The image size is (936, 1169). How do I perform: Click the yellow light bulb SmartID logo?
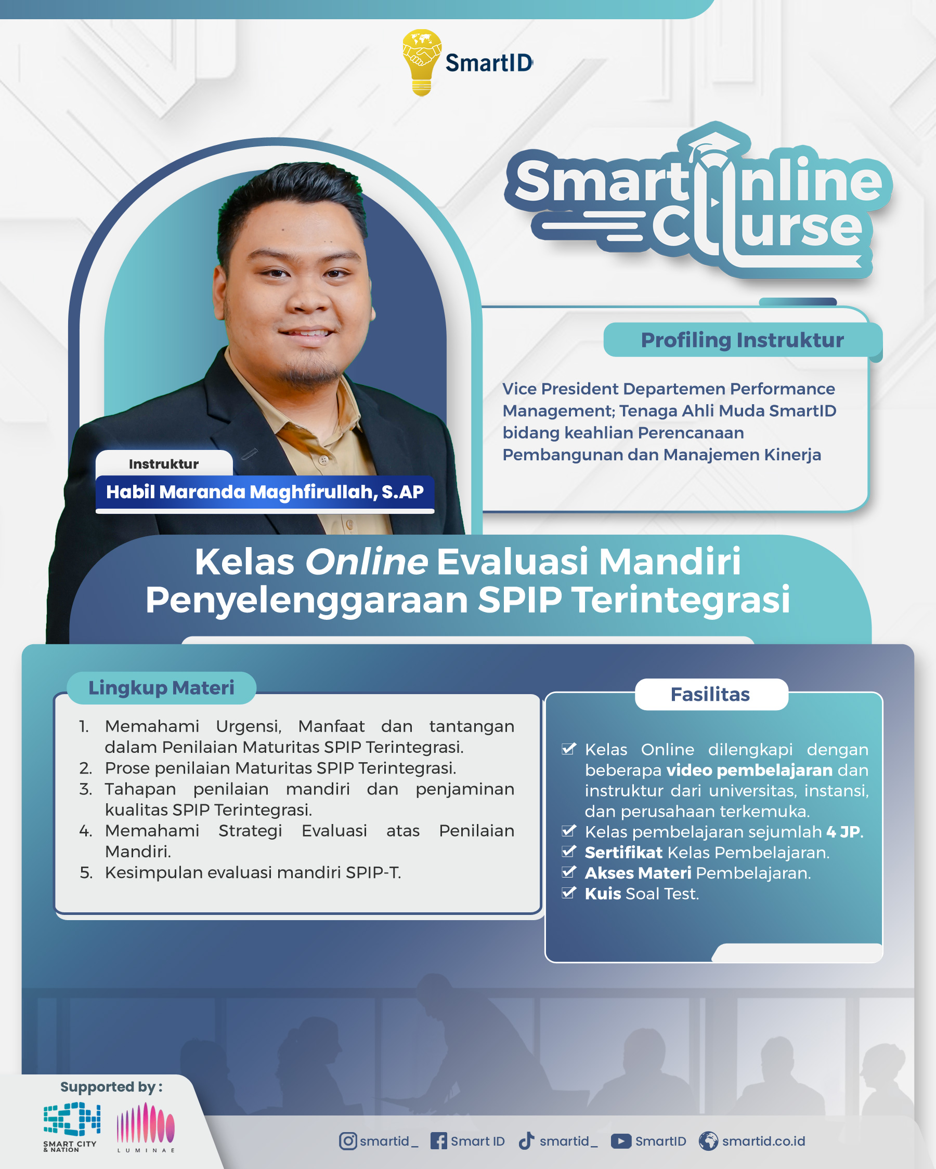point(422,62)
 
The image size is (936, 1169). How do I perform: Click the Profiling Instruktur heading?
point(742,340)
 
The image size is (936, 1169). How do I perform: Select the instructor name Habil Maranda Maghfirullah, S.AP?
point(265,492)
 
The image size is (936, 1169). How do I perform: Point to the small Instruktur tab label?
point(164,464)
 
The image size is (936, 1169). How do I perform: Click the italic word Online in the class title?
point(366,561)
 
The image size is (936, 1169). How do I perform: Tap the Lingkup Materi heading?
point(161,687)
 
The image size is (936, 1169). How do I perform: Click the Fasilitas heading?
point(710,694)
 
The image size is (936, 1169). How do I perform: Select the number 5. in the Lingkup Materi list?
point(86,872)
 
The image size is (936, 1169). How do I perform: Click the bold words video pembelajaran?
point(749,770)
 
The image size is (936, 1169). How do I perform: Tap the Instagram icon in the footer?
point(348,1141)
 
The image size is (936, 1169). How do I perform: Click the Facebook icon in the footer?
point(438,1141)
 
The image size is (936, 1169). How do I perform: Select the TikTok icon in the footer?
point(526,1140)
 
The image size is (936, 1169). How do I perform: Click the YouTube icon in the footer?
point(621,1141)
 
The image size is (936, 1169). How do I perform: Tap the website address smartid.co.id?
point(763,1141)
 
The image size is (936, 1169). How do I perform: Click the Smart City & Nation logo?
point(72,1127)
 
